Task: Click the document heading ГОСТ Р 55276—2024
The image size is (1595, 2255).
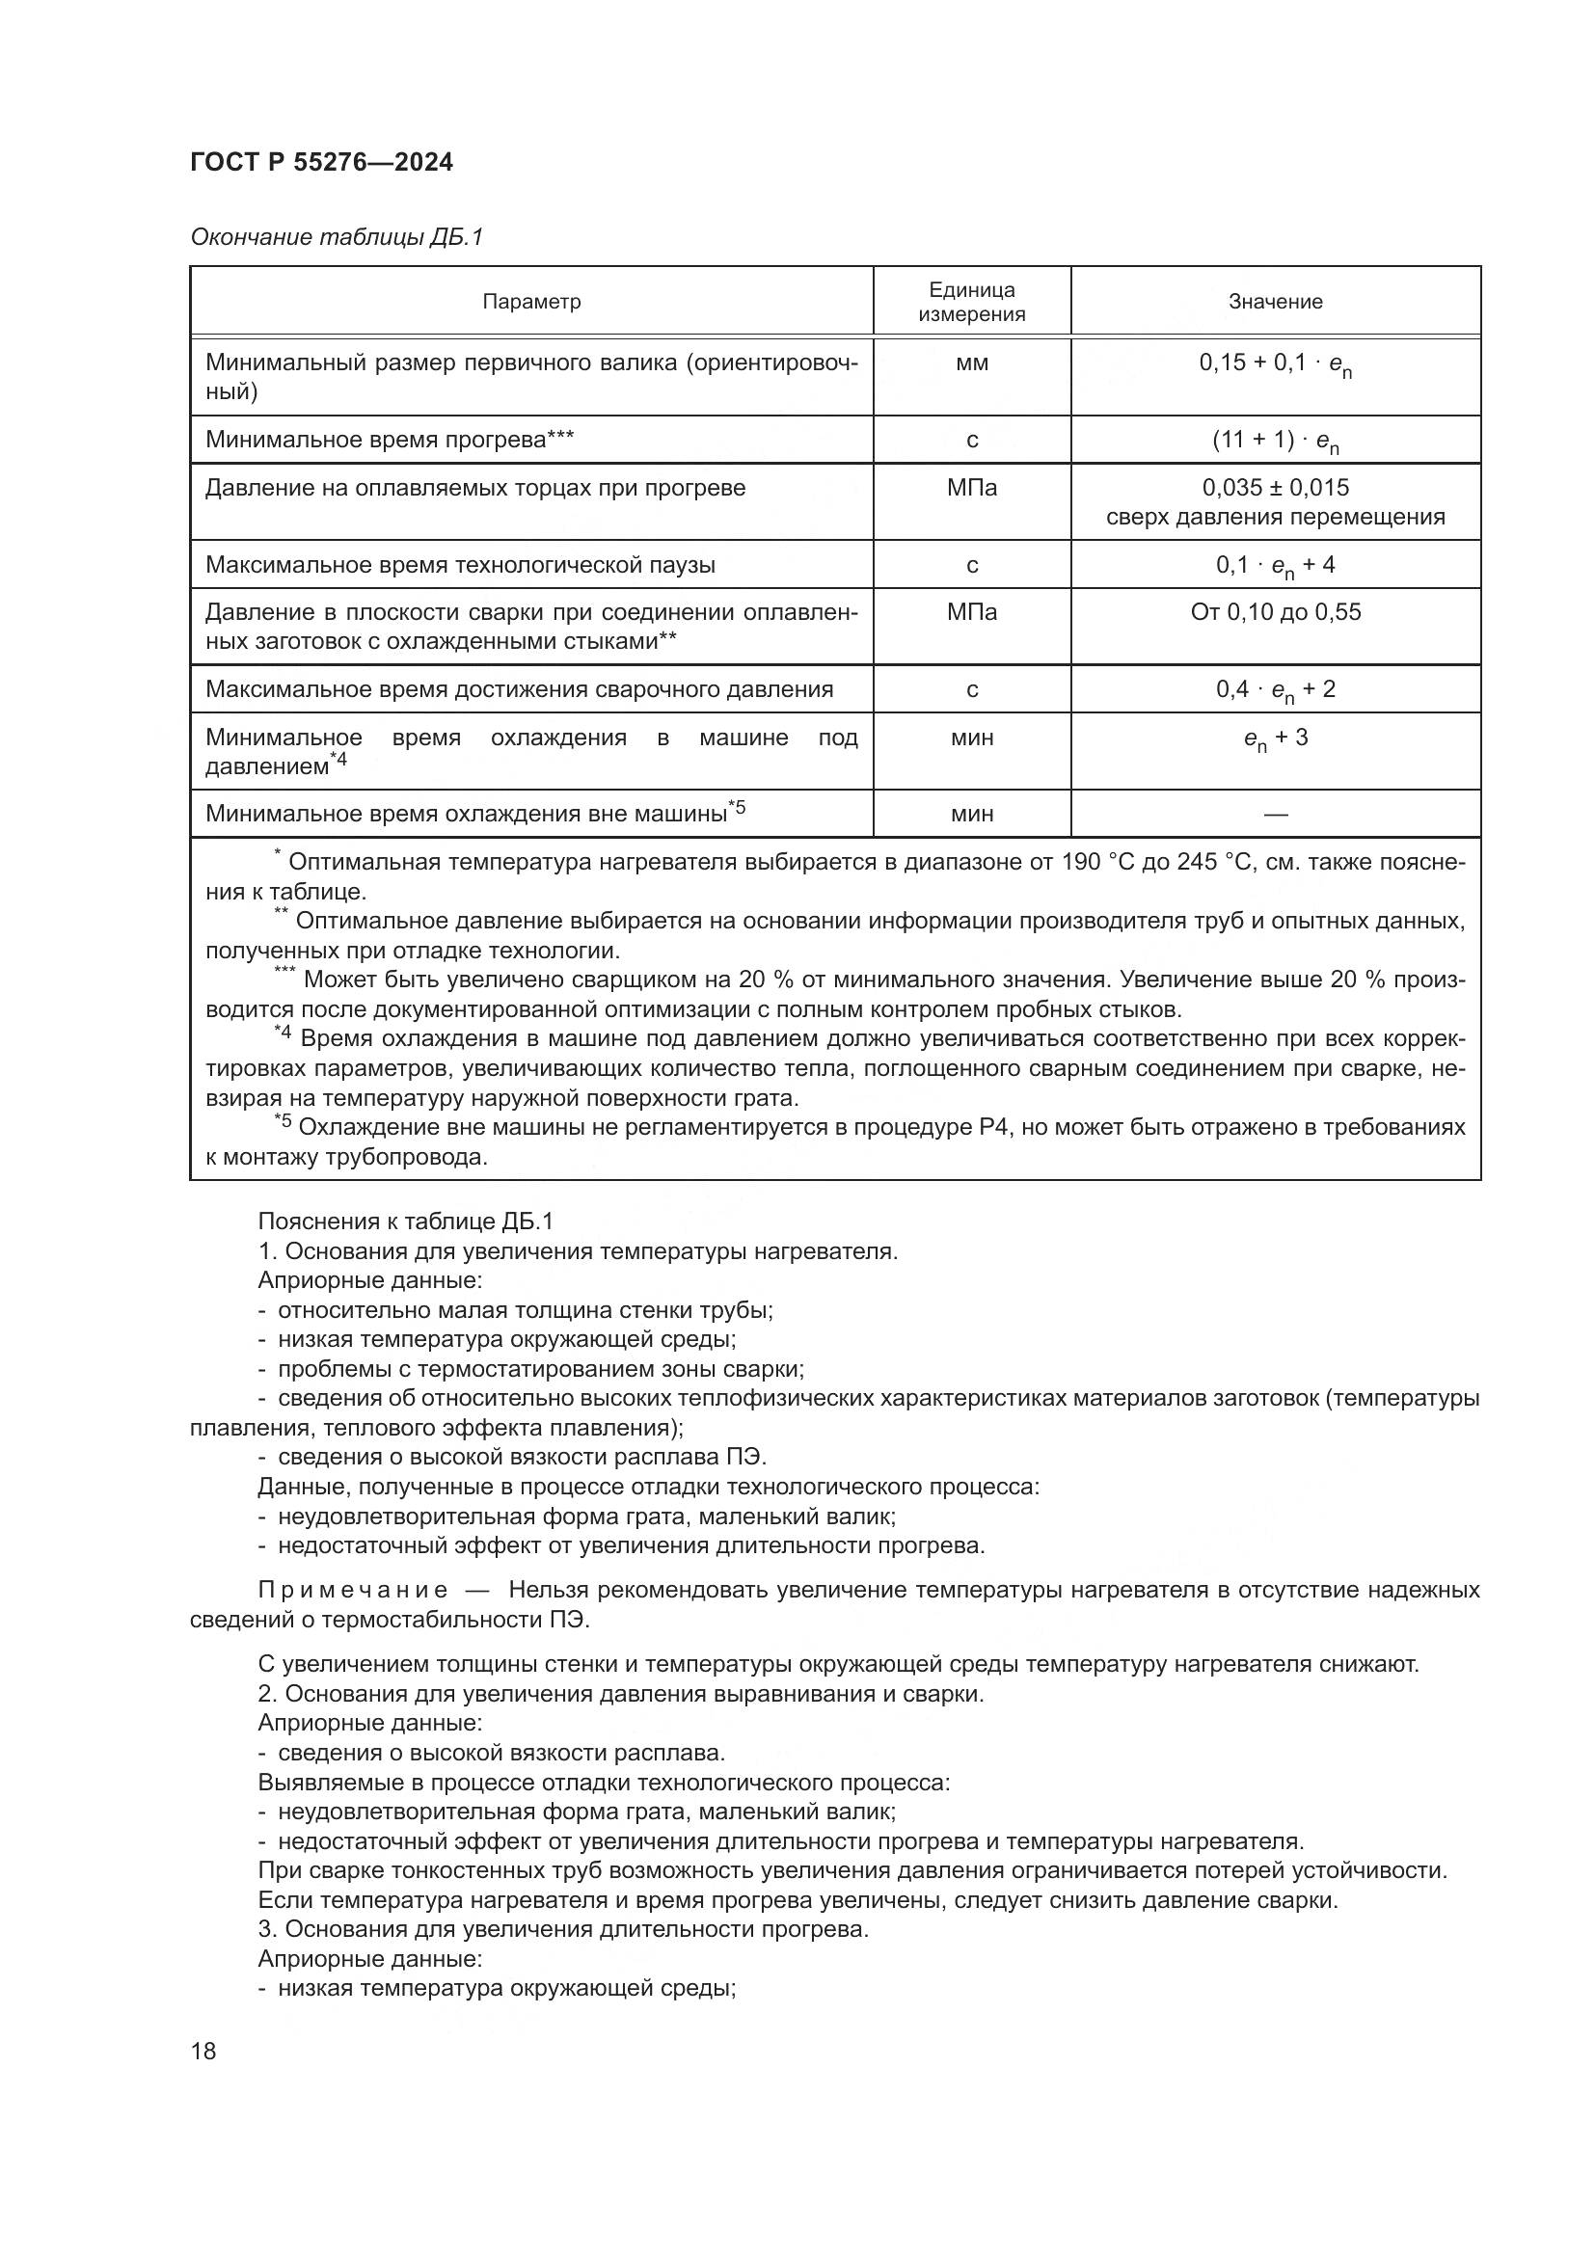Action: (321, 163)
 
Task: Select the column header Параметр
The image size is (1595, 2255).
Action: (531, 302)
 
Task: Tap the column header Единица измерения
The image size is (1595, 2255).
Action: (971, 302)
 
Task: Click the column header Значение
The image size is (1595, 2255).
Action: (1275, 302)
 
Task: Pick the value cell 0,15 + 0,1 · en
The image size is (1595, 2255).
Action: (1275, 364)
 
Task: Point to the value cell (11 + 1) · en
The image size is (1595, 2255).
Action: (1275, 441)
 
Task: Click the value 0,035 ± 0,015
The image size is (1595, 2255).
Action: (1275, 487)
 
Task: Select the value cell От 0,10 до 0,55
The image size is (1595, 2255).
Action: (1275, 612)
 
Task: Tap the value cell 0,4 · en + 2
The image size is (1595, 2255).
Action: (1275, 689)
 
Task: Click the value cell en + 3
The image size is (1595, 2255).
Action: (1275, 738)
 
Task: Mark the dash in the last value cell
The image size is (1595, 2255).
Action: (1275, 815)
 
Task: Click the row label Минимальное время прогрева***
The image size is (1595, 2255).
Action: (389, 440)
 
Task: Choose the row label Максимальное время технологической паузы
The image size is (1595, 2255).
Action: (460, 565)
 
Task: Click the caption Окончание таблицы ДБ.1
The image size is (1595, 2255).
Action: (336, 238)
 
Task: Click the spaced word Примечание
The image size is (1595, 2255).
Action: (353, 1590)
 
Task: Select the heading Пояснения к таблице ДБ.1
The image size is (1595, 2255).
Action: (406, 1221)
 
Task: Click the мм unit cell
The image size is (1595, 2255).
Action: (971, 363)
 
